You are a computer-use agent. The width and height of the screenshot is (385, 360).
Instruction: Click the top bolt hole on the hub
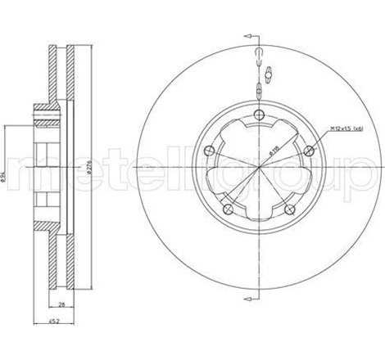click(259, 115)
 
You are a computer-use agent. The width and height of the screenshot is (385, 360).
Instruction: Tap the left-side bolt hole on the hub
click(211, 149)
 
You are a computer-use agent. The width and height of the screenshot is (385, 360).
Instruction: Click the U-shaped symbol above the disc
click(259, 56)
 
